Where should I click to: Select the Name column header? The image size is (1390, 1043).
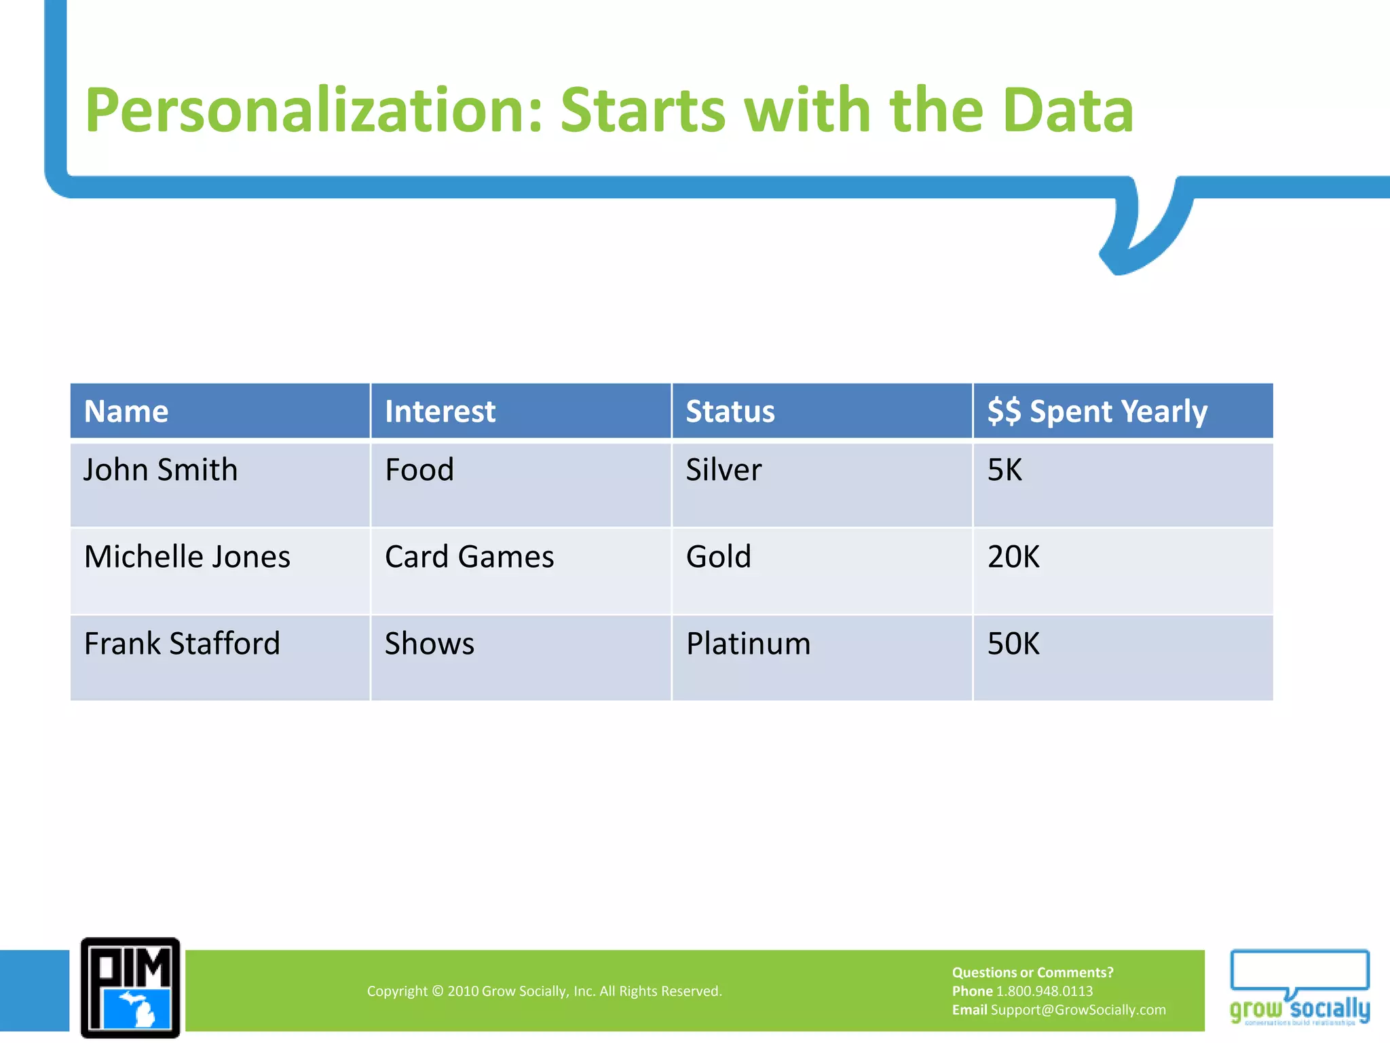(126, 411)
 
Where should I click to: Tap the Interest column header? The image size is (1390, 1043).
(440, 411)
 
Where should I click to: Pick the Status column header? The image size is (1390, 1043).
(730, 411)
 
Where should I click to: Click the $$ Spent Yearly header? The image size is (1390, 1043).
(1097, 411)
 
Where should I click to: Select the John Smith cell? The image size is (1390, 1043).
(160, 470)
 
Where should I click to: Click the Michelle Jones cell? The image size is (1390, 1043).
(187, 557)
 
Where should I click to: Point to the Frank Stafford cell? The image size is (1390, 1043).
(182, 644)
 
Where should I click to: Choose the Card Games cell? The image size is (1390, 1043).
(469, 557)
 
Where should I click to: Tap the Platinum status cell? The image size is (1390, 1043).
(748, 644)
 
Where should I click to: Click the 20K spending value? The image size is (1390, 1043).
(1013, 557)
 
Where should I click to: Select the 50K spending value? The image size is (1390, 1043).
(1013, 644)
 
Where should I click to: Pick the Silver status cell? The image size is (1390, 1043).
(724, 470)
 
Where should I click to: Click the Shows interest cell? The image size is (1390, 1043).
(429, 644)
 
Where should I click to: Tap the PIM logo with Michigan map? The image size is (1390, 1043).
(130, 988)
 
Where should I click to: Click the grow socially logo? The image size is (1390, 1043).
(1299, 988)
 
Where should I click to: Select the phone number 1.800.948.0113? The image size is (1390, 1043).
(1044, 991)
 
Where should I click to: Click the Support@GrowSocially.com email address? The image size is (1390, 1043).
(1078, 1010)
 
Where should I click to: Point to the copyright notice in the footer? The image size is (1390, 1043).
(544, 991)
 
